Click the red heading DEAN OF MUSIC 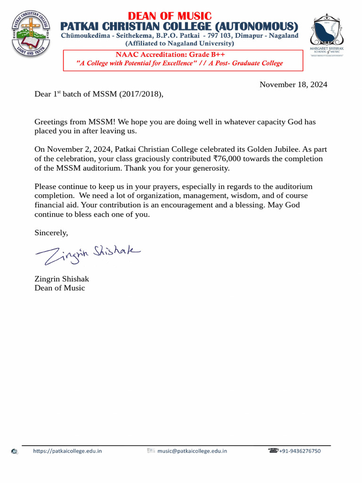(x=170, y=16)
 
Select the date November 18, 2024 (x=293, y=85)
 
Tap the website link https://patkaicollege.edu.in (x=67, y=451)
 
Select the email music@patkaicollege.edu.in (x=192, y=451)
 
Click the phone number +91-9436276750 (x=300, y=451)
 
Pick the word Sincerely (x=51, y=233)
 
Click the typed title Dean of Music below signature (x=60, y=288)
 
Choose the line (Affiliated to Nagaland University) (x=179, y=43)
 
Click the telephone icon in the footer (x=273, y=450)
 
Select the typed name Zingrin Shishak (x=62, y=279)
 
